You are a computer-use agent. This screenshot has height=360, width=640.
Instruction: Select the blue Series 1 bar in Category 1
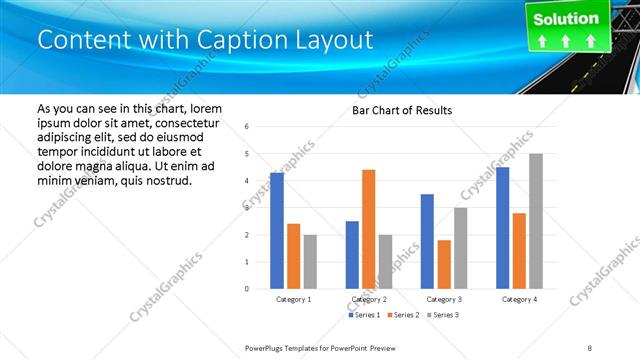click(276, 230)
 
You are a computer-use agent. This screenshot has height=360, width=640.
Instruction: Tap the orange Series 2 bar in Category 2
click(368, 229)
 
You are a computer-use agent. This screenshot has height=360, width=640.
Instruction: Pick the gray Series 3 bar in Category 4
click(535, 221)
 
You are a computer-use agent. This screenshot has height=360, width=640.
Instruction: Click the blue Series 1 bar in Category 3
click(427, 241)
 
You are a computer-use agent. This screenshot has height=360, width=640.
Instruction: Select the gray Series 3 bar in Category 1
click(310, 261)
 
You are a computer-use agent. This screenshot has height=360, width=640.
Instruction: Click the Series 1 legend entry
click(364, 315)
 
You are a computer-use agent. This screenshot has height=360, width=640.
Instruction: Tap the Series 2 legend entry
click(402, 315)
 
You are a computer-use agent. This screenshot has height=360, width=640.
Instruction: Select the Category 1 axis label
click(293, 299)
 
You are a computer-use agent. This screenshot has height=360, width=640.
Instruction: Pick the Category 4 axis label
click(518, 299)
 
